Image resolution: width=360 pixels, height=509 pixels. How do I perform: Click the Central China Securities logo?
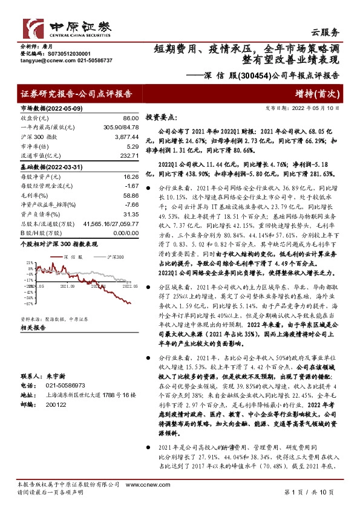tap(67, 27)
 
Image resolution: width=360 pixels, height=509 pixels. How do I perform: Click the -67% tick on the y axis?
tap(29, 303)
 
